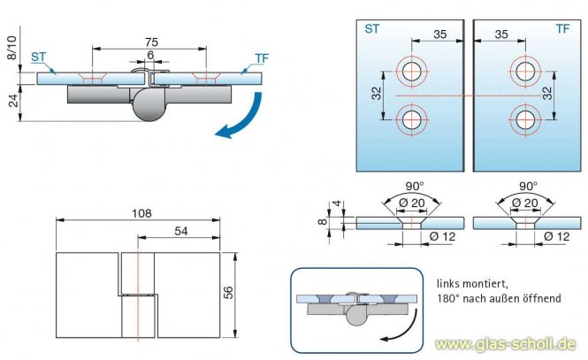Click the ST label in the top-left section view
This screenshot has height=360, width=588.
[39, 57]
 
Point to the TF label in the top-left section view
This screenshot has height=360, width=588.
[261, 57]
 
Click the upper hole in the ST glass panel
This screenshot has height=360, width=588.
[410, 72]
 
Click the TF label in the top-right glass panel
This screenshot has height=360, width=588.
[562, 29]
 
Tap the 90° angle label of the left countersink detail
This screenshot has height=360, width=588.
[414, 187]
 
